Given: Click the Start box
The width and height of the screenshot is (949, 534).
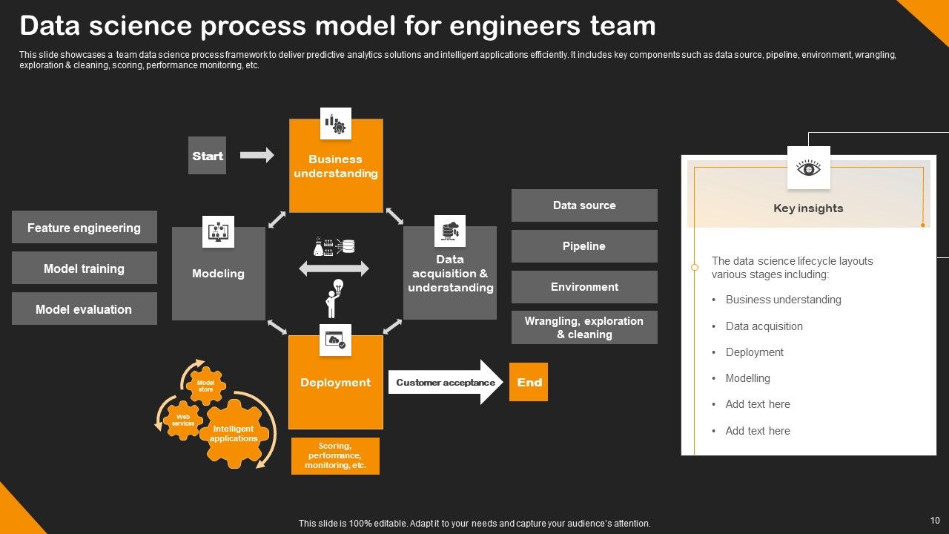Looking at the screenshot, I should [x=207, y=156].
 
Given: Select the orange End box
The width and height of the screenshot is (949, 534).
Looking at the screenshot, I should [x=529, y=382].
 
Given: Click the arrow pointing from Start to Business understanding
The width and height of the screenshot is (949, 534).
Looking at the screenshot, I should [x=257, y=155].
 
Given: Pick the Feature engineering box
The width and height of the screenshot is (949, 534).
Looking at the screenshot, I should [x=84, y=228].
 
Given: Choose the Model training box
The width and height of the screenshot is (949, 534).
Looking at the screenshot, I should [x=84, y=268].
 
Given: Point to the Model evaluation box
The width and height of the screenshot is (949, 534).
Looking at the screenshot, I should [x=84, y=309].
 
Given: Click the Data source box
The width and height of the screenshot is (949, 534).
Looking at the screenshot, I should [x=584, y=205].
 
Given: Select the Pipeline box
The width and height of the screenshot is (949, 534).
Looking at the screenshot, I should [x=584, y=246].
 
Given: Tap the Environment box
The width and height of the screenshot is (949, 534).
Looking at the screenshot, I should [x=584, y=287].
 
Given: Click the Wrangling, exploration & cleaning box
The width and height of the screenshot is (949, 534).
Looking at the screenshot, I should [x=584, y=328].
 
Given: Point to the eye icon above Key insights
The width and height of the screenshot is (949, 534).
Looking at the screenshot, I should [x=808, y=168].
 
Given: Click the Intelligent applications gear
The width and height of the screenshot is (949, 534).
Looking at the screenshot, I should [x=233, y=434].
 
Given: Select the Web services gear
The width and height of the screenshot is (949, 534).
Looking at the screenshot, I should [x=183, y=420].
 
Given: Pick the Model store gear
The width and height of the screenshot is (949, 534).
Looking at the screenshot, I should [x=205, y=386].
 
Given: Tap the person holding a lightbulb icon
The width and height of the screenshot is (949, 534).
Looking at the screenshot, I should [x=334, y=297].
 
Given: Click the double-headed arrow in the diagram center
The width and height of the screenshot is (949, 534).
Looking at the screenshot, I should [x=334, y=268].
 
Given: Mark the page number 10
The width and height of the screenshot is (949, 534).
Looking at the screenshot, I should [x=934, y=521].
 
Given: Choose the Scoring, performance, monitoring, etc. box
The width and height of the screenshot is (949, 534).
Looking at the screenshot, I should [x=335, y=456].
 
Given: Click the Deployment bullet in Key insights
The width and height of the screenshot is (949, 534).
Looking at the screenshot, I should [x=754, y=352].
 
